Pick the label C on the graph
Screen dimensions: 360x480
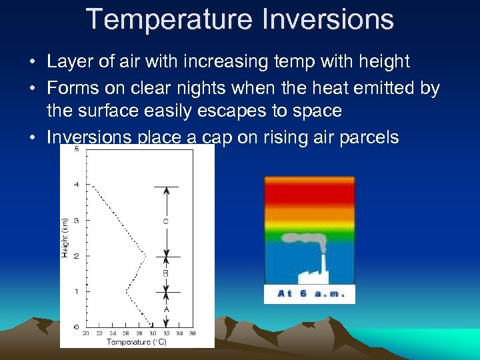tap(166, 221)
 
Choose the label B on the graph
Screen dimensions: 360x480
tap(166, 273)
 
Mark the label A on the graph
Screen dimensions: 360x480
tap(166, 309)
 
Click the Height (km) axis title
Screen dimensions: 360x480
tap(65, 237)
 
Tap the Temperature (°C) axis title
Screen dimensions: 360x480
tap(137, 342)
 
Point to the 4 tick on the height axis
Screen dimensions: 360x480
tap(77, 185)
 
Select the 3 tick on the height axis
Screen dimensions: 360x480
tap(77, 220)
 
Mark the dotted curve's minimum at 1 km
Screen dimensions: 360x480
tap(126, 291)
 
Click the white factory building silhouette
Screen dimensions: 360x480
tap(309, 275)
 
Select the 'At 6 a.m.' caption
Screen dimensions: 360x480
tap(309, 294)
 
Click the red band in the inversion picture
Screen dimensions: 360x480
tap(309, 193)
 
